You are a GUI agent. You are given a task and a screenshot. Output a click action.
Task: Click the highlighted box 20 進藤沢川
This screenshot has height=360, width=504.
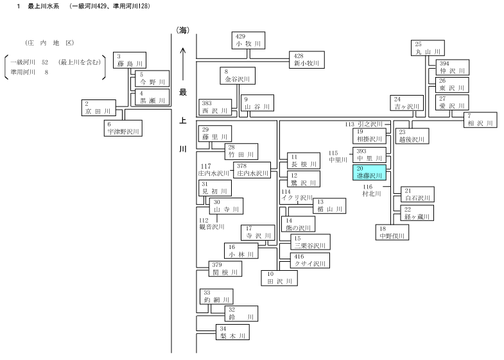pyautogui.click(x=369, y=173)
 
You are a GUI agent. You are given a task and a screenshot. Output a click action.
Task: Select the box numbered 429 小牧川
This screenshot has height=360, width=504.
pyautogui.click(x=248, y=40)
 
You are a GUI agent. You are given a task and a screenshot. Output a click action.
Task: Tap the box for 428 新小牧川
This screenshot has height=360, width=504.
pyautogui.click(x=307, y=60)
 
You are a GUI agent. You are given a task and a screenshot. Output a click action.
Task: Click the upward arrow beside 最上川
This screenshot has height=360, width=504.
pyautogui.click(x=183, y=64)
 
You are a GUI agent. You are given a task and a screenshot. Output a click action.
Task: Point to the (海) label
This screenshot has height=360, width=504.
pyautogui.click(x=182, y=31)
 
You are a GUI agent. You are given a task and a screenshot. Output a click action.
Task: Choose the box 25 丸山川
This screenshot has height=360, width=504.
pyautogui.click(x=428, y=48)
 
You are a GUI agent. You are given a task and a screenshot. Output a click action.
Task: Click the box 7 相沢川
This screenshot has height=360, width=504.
pyautogui.click(x=480, y=120)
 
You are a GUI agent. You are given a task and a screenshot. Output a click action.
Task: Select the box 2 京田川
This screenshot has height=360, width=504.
pyautogui.click(x=99, y=108)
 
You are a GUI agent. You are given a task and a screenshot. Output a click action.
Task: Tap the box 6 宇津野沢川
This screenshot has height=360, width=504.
pyautogui.click(x=123, y=128)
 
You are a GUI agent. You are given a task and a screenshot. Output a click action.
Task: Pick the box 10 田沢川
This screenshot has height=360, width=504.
pyautogui.click(x=279, y=278)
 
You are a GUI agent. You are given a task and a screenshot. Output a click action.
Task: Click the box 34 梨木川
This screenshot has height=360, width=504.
pyautogui.click(x=232, y=332)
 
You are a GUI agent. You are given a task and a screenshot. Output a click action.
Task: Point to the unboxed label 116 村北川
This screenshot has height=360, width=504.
pyautogui.click(x=372, y=191)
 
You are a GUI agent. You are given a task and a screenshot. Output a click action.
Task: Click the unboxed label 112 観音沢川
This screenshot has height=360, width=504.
pyautogui.click(x=212, y=224)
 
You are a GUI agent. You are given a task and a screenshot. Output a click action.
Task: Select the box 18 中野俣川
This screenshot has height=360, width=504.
pyautogui.click(x=392, y=232)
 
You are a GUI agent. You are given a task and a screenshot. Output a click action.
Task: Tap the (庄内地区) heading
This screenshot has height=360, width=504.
pyautogui.click(x=50, y=43)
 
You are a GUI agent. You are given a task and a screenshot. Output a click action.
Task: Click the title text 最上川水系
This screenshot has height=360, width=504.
pyautogui.click(x=44, y=6)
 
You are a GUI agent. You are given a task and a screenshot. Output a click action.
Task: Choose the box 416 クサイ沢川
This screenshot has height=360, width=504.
pyautogui.click(x=310, y=261)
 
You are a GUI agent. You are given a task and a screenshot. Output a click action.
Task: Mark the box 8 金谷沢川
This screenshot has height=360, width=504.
pyautogui.click(x=238, y=76)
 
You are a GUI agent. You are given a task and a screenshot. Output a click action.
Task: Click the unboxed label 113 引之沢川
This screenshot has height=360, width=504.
pyautogui.click(x=364, y=124)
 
